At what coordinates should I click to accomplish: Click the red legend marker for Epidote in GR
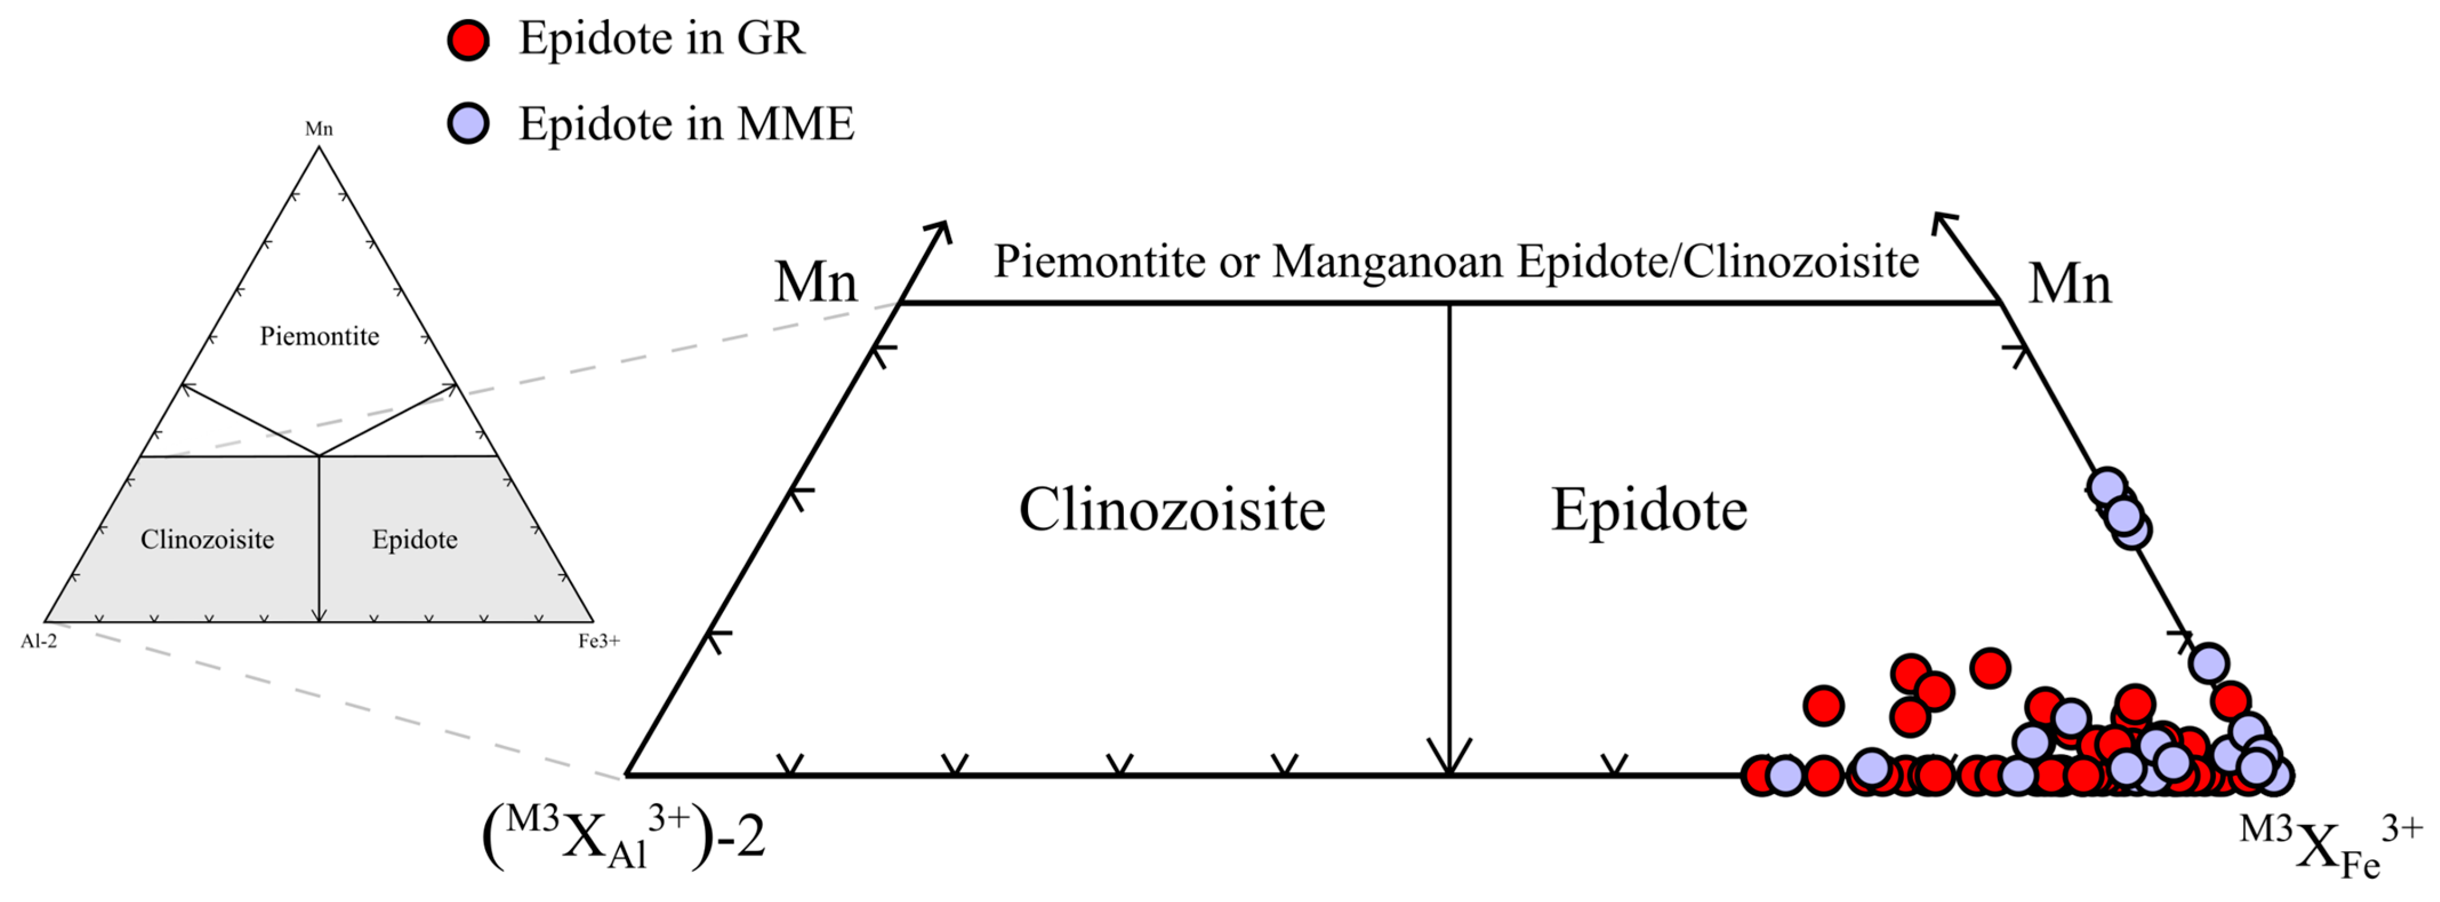[x=468, y=40]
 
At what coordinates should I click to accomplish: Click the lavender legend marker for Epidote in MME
[x=468, y=123]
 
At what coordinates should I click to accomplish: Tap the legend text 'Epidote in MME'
[x=686, y=124]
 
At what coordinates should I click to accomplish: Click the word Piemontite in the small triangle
[x=319, y=336]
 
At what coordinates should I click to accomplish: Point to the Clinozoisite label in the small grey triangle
[x=207, y=540]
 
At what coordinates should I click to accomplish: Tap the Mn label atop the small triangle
[x=319, y=129]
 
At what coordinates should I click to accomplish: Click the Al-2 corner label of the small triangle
[x=39, y=642]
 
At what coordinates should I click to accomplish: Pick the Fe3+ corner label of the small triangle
[x=598, y=642]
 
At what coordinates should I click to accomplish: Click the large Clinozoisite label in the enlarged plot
[x=1172, y=510]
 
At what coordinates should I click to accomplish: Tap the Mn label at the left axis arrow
[x=815, y=282]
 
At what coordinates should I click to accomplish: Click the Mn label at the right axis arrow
[x=2069, y=283]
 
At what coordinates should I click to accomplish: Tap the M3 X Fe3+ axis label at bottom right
[x=2330, y=845]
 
